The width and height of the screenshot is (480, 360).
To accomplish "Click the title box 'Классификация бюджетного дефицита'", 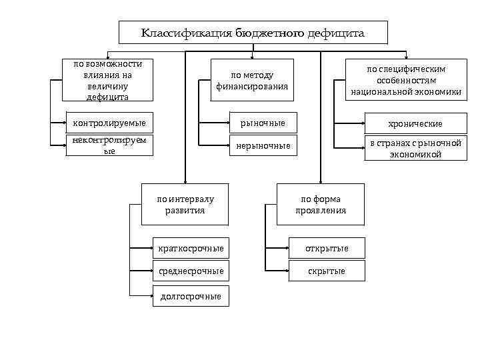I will click(253, 33).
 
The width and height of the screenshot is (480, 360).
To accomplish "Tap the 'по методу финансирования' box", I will click(252, 81).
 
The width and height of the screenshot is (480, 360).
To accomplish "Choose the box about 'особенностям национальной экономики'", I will click(406, 81).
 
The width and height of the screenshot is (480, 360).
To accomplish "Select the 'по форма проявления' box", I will click(321, 205).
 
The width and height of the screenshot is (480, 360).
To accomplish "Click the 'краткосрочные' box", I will click(191, 249).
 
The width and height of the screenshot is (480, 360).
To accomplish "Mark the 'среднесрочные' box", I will click(191, 271).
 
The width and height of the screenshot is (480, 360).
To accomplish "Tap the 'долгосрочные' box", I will click(191, 296).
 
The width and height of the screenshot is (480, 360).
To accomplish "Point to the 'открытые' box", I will click(327, 249).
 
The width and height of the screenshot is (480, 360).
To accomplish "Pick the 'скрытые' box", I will click(327, 271).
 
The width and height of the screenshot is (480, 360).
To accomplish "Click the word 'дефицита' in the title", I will click(336, 33).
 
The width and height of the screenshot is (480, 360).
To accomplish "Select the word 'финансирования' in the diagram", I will click(252, 87).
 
